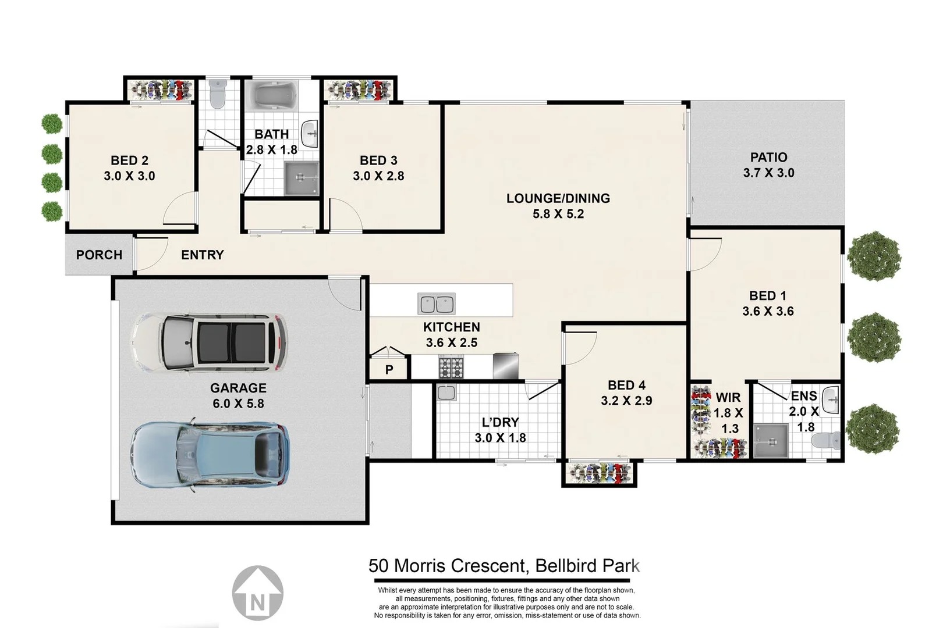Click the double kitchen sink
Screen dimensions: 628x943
point(437,304)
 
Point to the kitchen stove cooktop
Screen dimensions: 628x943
point(451,368)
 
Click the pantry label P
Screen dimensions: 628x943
point(389,369)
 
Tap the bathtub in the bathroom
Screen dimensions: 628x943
point(271,95)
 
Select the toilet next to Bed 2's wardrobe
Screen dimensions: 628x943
point(217,94)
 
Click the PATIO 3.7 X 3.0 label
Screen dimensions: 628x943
point(768,165)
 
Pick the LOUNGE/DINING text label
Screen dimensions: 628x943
point(558,198)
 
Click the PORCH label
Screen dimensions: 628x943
point(99,255)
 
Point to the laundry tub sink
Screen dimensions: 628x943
point(447,393)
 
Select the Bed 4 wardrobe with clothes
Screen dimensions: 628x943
point(600,473)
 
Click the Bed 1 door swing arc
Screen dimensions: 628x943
point(707,254)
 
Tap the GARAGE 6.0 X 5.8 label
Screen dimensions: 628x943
point(238,395)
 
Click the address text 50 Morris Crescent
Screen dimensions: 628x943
point(448,566)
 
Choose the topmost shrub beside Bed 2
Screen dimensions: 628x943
point(52,123)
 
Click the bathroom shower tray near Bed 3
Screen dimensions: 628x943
point(301,178)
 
